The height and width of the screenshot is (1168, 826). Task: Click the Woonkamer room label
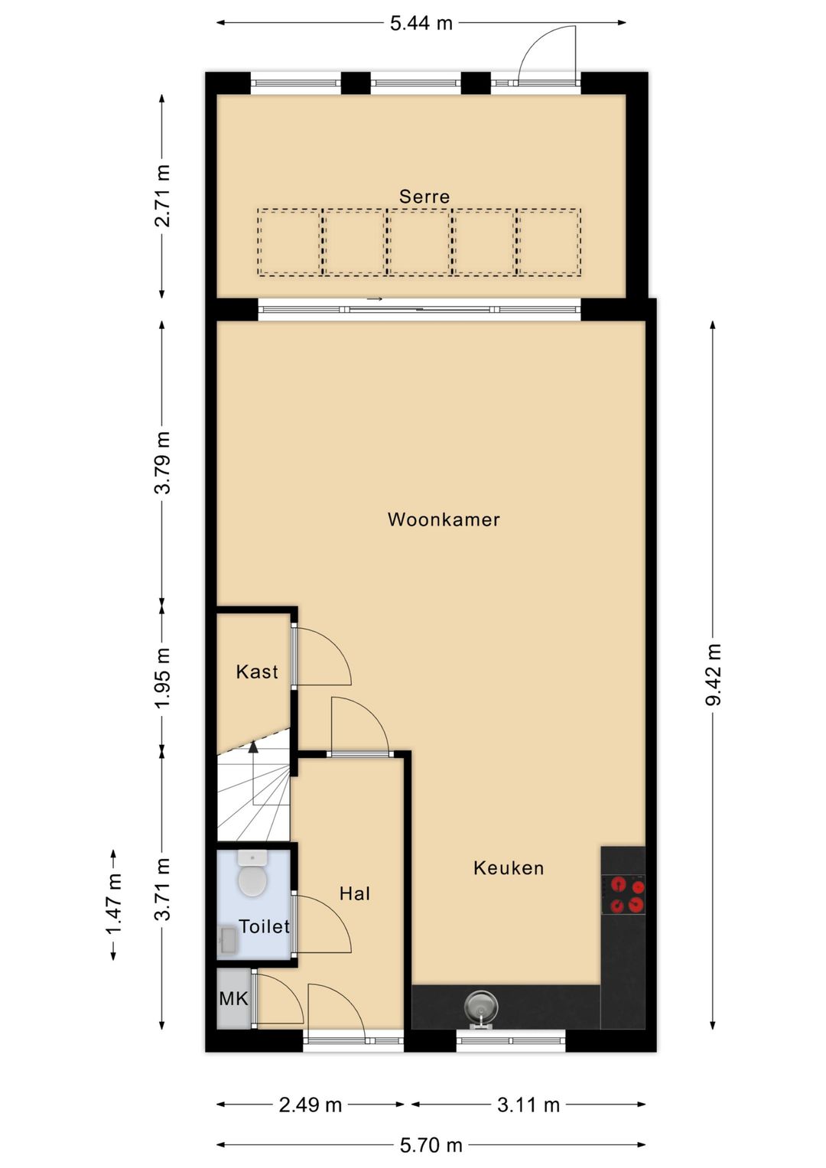444,519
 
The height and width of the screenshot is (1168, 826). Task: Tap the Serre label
424,197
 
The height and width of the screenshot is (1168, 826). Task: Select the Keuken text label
509,867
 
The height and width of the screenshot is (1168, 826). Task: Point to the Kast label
257,672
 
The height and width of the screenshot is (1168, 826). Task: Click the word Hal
355,893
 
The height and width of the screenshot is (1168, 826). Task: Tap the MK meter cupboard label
233,998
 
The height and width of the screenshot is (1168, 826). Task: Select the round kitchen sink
481,1006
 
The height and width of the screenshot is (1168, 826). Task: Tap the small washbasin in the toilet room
228,940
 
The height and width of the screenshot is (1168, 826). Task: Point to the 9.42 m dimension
713,675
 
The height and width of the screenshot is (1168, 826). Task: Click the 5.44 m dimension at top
421,23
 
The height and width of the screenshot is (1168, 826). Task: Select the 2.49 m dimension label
310,1105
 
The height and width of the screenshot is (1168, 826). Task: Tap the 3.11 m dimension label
528,1105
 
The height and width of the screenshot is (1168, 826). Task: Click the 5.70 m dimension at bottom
431,1145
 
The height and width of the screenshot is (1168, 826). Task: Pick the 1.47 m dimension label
114,904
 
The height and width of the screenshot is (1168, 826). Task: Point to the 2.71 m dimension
162,197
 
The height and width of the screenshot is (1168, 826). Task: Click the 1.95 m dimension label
162,678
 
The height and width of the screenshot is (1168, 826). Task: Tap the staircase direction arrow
253,747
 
